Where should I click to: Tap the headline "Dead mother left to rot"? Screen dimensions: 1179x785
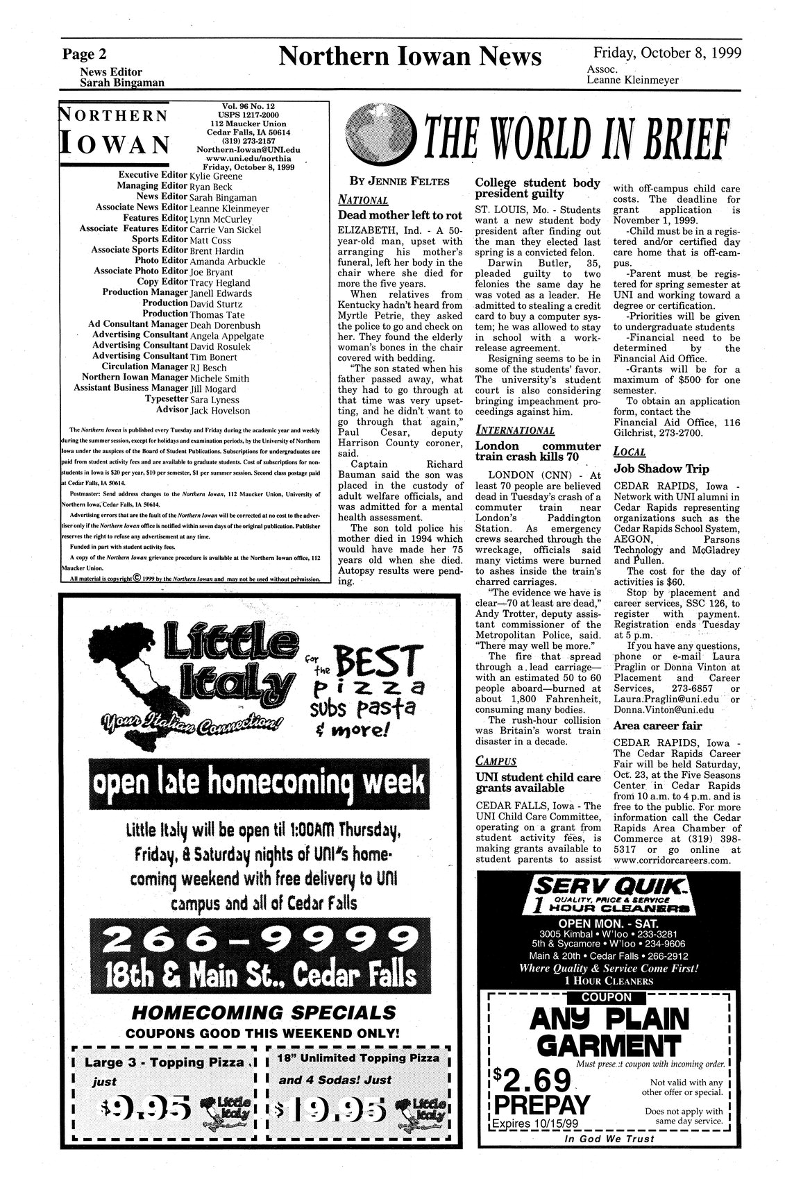(400, 216)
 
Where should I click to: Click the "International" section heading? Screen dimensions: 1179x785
(514, 430)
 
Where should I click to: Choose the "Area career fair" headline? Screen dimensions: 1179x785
(658, 726)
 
